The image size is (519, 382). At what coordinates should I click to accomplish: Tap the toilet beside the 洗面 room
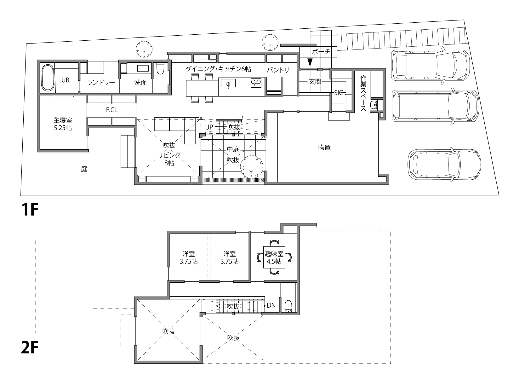point(160,68)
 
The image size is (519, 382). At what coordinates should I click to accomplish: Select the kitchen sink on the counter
point(228,83)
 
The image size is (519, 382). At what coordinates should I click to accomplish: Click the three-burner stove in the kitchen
point(256,83)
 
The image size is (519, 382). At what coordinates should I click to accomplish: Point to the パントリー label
point(281,70)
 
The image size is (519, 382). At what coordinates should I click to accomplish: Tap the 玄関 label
point(315,81)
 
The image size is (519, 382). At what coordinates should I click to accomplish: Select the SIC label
point(338,93)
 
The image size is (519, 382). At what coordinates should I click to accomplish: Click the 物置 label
point(324,147)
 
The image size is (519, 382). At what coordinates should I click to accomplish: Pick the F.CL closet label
point(112,110)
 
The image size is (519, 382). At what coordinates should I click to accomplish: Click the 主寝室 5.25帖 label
point(63,124)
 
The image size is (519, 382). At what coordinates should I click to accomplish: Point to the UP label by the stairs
point(209,127)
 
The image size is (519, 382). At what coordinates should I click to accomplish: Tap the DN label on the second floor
point(271,305)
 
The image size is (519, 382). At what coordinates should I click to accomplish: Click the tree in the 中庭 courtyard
point(252,167)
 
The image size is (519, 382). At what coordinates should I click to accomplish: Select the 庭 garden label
point(84,169)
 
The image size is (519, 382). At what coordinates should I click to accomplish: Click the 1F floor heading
point(30,210)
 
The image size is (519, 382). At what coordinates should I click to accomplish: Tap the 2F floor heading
point(30,347)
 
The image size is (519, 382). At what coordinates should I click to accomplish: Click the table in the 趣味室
point(274,257)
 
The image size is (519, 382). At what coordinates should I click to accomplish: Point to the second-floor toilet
point(288,307)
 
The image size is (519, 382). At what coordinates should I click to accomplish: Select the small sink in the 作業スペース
point(374,105)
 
